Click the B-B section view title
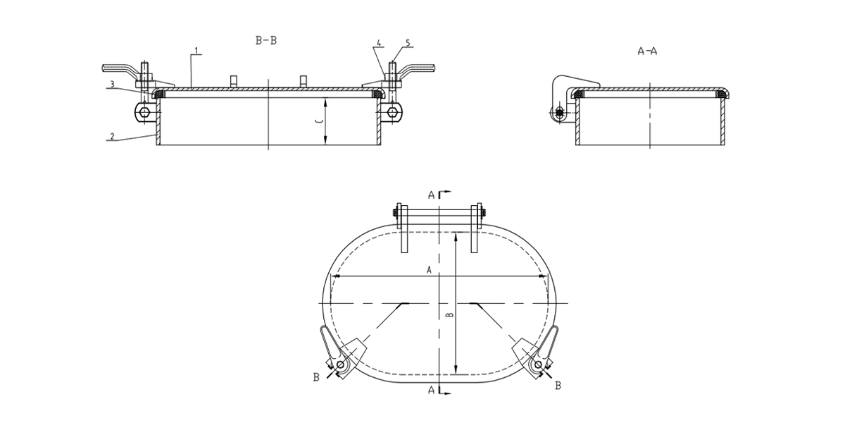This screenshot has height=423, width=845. pos(265,41)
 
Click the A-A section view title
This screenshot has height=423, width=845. pos(647,51)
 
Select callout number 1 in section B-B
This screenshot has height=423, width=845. pos(196,51)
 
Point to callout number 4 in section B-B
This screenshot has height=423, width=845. pos(380,44)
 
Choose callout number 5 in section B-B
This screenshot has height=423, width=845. pos(407,44)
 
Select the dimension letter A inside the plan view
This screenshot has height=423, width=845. pos(429,269)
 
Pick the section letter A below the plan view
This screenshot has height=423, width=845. pos(431,390)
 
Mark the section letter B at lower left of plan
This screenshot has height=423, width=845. pos(316,378)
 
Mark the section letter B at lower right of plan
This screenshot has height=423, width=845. pos(558,386)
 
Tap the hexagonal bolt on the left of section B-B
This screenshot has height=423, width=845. pos(144,112)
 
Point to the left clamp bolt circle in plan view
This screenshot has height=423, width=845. pos(340,364)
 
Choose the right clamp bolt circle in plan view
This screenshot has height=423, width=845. pos(538,364)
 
